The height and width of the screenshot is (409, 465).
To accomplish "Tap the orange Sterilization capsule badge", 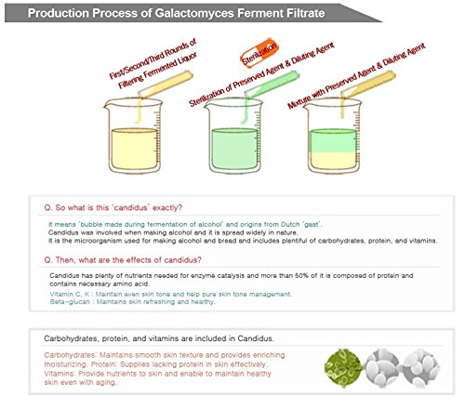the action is coord(259,53).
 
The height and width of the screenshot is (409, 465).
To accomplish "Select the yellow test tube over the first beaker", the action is coord(166,85).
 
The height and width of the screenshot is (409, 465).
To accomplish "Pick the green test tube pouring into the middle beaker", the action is coord(272,85).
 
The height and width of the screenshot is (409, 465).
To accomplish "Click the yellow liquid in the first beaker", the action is coord(134,149).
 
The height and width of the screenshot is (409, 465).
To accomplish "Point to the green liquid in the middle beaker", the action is coord(234,149).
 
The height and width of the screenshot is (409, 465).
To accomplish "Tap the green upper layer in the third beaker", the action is coord(333,141).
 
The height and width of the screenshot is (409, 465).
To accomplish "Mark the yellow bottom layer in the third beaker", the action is coord(333,161).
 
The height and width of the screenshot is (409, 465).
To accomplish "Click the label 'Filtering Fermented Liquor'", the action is coord(157,71).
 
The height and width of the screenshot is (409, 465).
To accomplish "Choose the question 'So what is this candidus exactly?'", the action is coord(113,207).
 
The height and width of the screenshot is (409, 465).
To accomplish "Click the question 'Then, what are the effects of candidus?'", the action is coord(123,260).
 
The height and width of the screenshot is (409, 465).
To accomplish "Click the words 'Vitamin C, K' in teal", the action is coord(70,294).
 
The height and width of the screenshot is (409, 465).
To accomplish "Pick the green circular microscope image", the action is coord(343,368).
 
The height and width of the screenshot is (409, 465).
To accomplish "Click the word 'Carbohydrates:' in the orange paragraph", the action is coord(70,355).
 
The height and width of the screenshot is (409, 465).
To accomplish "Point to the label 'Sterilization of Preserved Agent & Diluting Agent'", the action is coord(262,74).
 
